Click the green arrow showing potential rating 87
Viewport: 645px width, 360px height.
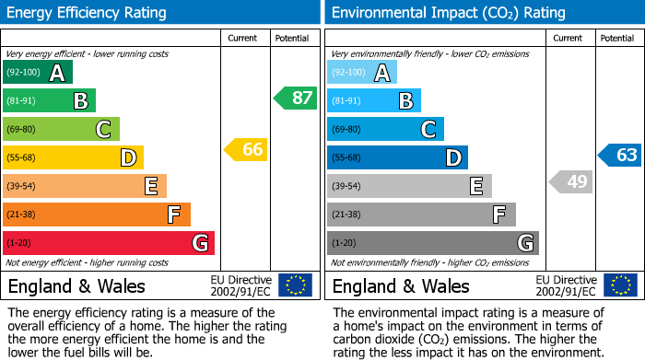pyautogui.click(x=295, y=98)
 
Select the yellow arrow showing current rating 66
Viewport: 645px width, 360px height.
pyautogui.click(x=247, y=149)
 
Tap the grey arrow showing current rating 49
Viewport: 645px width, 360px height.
pyautogui.click(x=571, y=181)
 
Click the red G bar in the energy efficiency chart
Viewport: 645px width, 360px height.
pyautogui.click(x=109, y=243)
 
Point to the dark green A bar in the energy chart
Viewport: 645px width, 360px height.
pyautogui.click(x=38, y=73)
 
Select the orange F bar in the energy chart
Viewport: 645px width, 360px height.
pyautogui.click(x=97, y=215)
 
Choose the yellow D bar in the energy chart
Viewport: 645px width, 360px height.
pyautogui.click(x=73, y=157)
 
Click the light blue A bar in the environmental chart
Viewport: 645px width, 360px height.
pyautogui.click(x=362, y=73)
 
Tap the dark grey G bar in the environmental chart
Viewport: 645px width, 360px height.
pyautogui.click(x=433, y=243)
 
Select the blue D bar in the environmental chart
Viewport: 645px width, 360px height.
pyautogui.click(x=397, y=157)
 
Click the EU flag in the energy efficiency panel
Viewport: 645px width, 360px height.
pyautogui.click(x=295, y=285)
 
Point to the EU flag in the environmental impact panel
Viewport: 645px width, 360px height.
pyautogui.click(x=620, y=285)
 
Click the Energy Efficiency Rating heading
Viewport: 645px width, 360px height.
pyautogui.click(x=88, y=13)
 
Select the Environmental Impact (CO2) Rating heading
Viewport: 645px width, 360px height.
pyautogui.click(x=448, y=13)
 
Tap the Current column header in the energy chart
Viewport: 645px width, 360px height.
pyautogui.click(x=243, y=38)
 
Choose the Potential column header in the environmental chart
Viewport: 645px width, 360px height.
pyautogui.click(x=616, y=38)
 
